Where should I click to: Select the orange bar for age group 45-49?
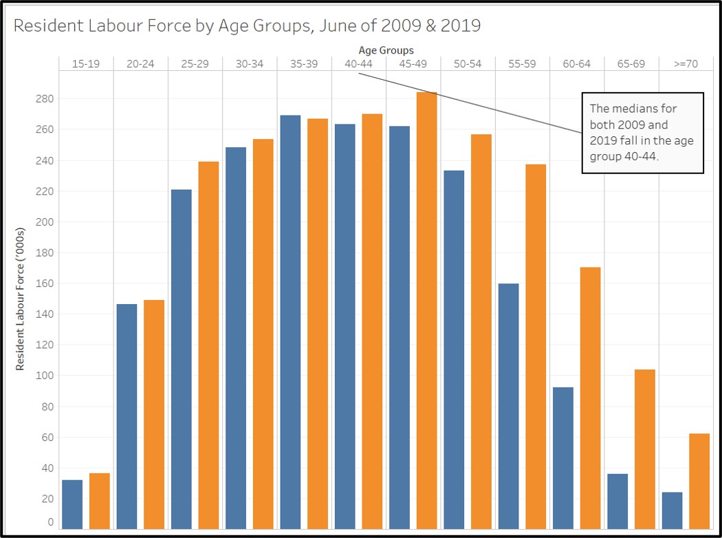(x=427, y=310)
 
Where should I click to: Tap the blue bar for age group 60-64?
(x=563, y=458)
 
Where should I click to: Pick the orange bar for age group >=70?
(x=699, y=481)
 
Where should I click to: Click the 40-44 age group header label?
(x=358, y=64)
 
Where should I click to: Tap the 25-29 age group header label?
(x=195, y=64)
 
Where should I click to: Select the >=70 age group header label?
(x=686, y=64)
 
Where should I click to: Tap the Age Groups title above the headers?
(x=386, y=50)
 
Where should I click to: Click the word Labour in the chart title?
(x=117, y=26)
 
